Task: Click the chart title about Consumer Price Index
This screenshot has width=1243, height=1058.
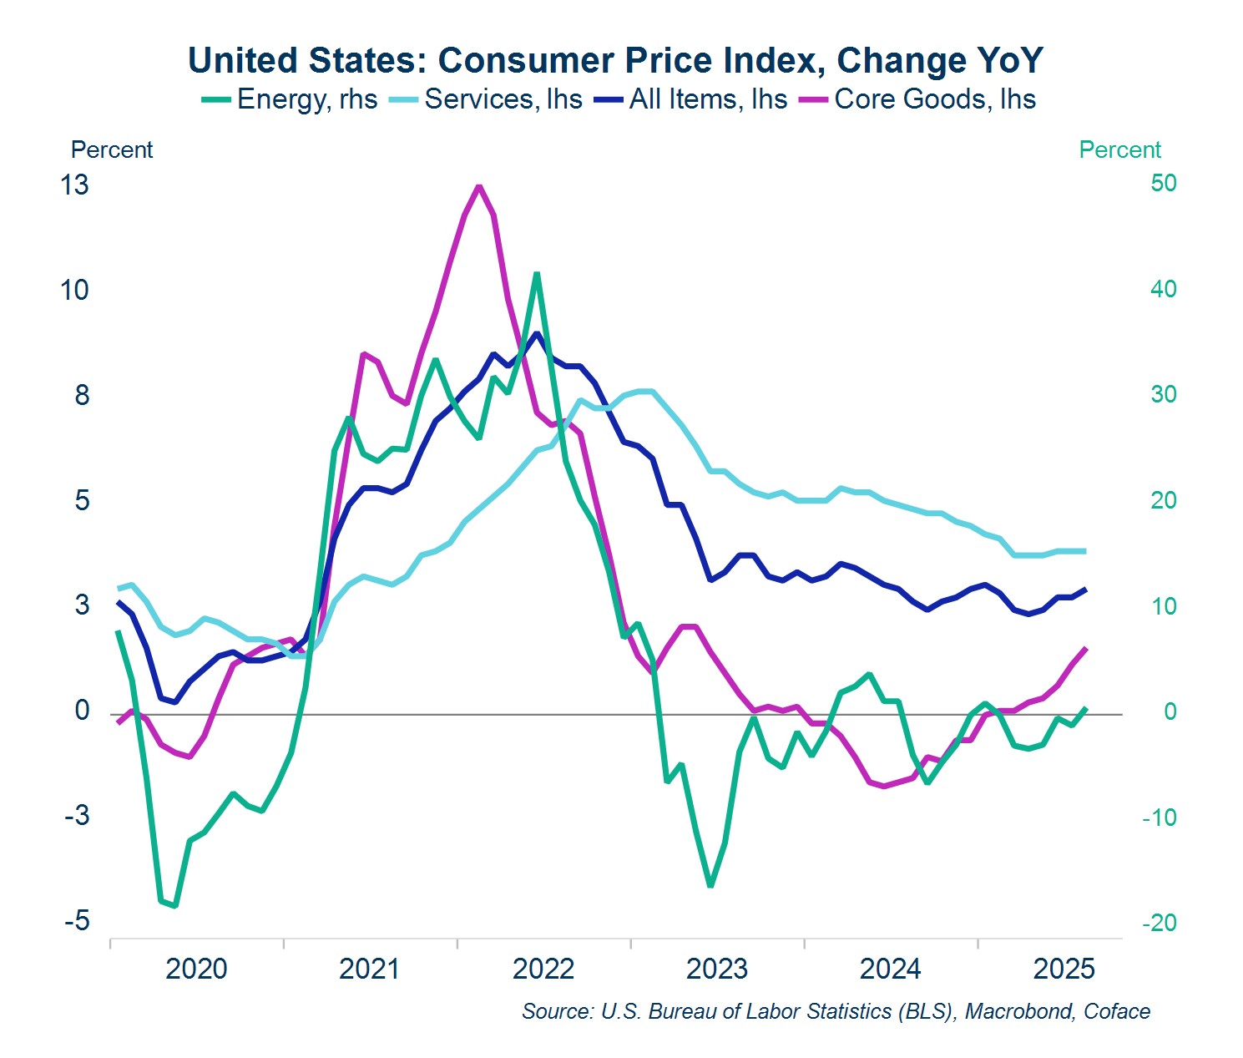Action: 615,61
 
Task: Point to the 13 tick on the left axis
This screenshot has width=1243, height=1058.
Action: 74,185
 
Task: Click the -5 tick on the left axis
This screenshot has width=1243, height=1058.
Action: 77,921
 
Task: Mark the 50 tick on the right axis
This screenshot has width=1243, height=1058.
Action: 1164,183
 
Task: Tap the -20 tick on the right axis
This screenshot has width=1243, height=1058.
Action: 1160,923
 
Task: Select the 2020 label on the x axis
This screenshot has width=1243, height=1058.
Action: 196,969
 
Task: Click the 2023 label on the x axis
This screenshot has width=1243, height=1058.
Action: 716,969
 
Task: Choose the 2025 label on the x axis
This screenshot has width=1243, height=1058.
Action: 1064,969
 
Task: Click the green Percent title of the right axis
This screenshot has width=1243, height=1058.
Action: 1119,149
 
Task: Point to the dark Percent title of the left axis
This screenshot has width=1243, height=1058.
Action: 112,149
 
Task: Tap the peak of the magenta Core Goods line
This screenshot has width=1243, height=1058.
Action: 478,185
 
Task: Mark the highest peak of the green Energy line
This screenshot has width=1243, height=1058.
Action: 536,274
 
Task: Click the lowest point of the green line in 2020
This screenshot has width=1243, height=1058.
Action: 174,905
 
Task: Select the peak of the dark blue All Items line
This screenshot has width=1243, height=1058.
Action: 537,334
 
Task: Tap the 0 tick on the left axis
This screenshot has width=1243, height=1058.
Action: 82,711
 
